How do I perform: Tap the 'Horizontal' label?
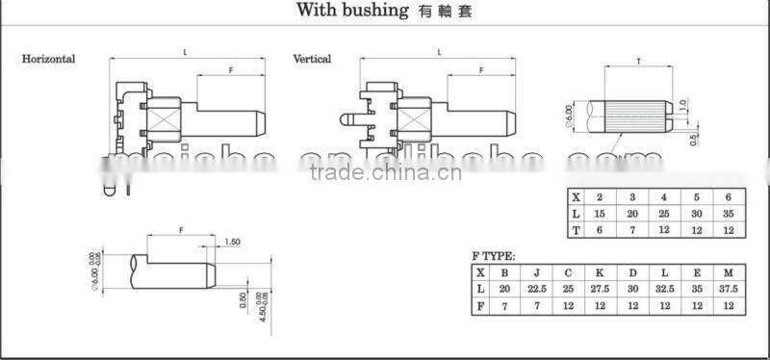pyautogui.click(x=48, y=59)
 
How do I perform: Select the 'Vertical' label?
pyautogui.click(x=312, y=59)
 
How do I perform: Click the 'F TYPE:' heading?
pyautogui.click(x=493, y=257)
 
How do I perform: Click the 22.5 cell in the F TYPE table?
pyautogui.click(x=535, y=289)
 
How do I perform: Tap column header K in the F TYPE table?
pyautogui.click(x=600, y=272)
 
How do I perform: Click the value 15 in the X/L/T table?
pyautogui.click(x=600, y=212)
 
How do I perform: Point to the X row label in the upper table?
pyautogui.click(x=576, y=195)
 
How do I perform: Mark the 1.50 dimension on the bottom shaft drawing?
pyautogui.click(x=232, y=243)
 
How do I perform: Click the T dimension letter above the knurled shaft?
pyautogui.click(x=639, y=61)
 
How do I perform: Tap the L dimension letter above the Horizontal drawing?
pyautogui.click(x=185, y=50)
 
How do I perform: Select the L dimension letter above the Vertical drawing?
pyautogui.click(x=440, y=50)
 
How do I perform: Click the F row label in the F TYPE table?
pyautogui.click(x=478, y=306)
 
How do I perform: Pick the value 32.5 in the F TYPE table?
pyautogui.click(x=663, y=289)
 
